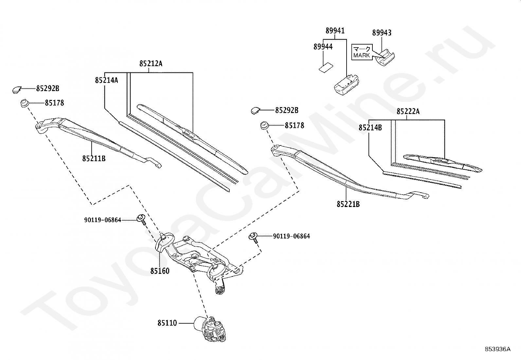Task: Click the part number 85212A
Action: point(151,64)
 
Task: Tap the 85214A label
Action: point(107,80)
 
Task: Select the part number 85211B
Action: point(94,159)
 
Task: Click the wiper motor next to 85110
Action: point(210,329)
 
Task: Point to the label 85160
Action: point(160,271)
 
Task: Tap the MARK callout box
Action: point(362,52)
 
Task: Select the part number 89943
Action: point(382,33)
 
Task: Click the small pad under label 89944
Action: point(326,67)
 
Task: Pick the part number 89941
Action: point(335,31)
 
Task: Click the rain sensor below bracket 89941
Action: point(346,85)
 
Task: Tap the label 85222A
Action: point(408,112)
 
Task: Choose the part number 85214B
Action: point(370,128)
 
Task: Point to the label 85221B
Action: point(348,204)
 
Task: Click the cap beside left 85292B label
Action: point(17,90)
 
